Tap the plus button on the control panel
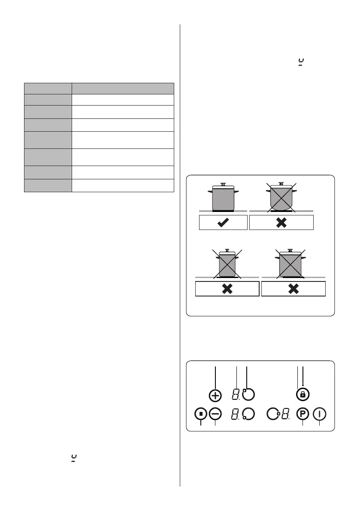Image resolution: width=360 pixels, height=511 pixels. [x=215, y=395]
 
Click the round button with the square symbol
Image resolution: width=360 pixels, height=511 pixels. [x=201, y=414]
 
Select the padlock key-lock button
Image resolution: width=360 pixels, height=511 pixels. [x=303, y=394]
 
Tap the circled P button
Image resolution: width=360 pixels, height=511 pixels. [x=303, y=414]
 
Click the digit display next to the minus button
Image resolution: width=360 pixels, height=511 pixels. [x=236, y=414]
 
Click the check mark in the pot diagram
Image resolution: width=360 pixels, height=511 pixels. [x=223, y=223]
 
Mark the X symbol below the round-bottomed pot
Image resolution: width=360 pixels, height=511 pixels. [x=281, y=223]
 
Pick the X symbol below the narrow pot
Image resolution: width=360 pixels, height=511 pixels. [x=227, y=289]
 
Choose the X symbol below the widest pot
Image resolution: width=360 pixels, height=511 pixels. [x=293, y=289]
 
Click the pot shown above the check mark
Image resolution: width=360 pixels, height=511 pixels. [x=223, y=197]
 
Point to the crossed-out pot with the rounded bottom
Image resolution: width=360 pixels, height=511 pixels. [x=281, y=197]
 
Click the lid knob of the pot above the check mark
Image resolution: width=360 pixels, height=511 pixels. [x=223, y=184]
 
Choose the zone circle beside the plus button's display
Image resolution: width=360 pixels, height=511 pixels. [x=248, y=394]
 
